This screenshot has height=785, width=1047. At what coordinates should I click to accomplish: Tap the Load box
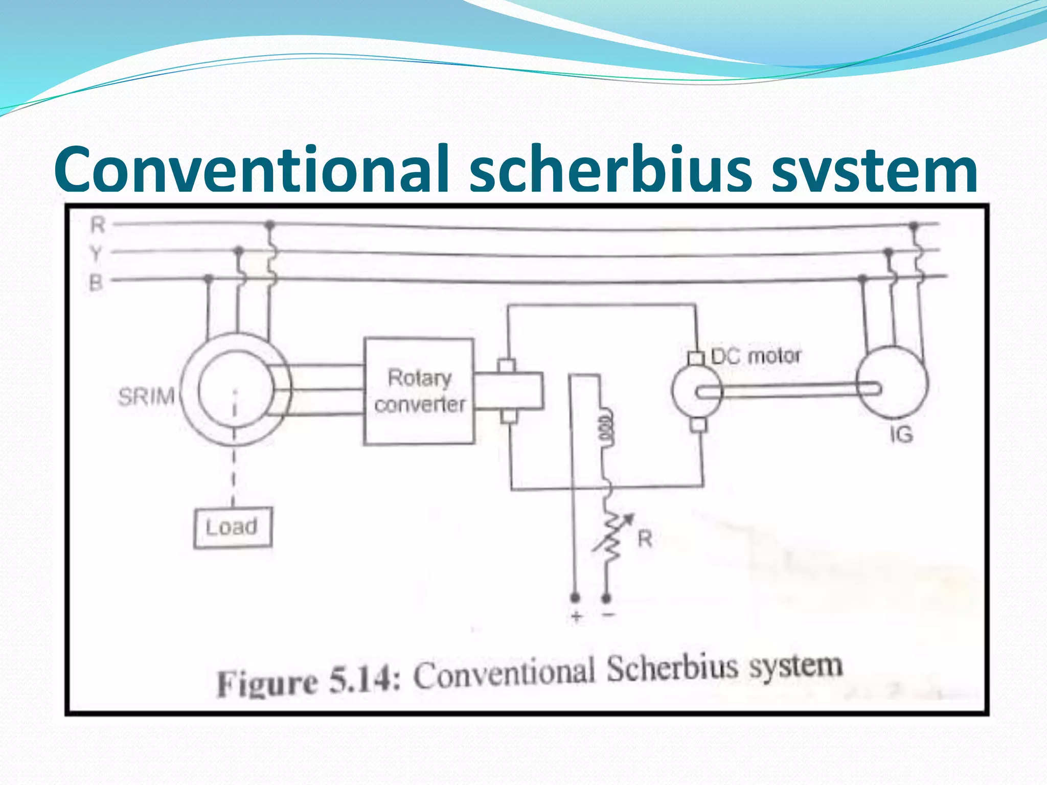(x=233, y=527)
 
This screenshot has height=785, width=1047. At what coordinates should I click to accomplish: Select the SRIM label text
(x=147, y=397)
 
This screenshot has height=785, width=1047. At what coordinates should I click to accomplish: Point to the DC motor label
(x=756, y=356)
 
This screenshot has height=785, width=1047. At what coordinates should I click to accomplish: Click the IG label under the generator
(x=901, y=435)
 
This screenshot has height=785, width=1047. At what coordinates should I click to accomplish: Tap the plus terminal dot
(x=575, y=597)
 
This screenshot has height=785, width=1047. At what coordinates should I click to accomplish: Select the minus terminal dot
(x=606, y=597)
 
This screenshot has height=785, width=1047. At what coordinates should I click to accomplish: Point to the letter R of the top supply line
(x=98, y=225)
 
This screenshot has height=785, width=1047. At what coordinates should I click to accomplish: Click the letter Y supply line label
(x=96, y=253)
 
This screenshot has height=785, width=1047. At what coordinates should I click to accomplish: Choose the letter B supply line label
(x=96, y=282)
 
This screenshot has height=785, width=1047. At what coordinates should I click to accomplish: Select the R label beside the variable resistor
(x=645, y=539)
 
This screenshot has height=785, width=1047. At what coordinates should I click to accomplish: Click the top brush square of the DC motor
(x=695, y=358)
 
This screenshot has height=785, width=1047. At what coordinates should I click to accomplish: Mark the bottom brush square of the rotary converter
(x=509, y=417)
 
